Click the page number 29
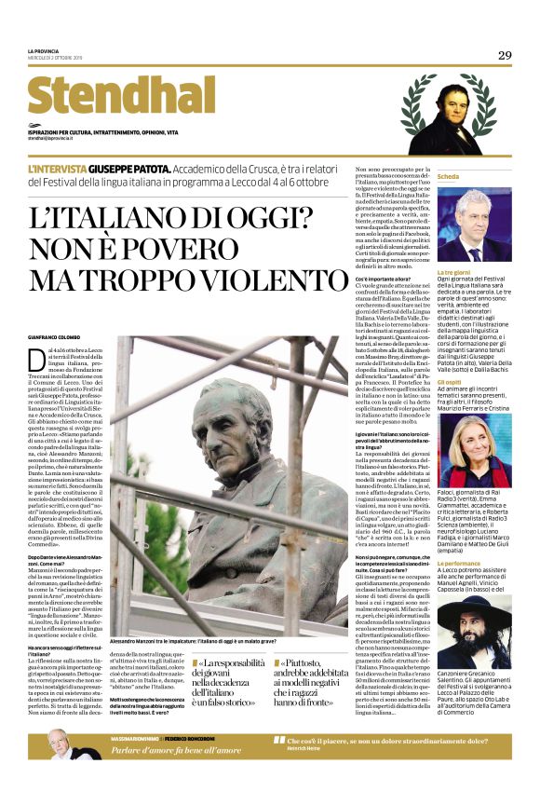click(504, 55)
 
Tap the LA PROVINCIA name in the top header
click(44, 51)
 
